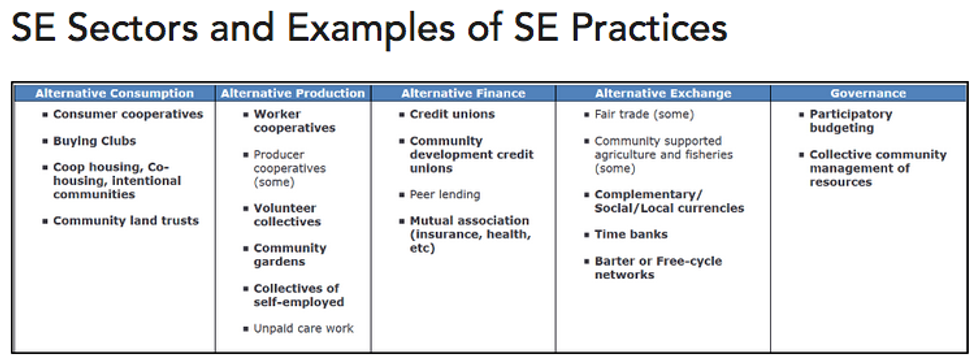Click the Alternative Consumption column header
[x=114, y=94]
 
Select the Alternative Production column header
[x=293, y=94]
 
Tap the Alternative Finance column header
[x=463, y=94]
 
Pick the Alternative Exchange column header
[x=663, y=94]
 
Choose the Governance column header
[x=868, y=94]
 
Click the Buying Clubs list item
[x=94, y=141]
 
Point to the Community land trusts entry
[x=126, y=221]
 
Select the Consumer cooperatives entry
[x=128, y=114]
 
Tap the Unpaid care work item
[x=303, y=328]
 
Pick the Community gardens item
[x=290, y=254]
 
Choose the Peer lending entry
[x=445, y=194]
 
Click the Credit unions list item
[x=452, y=114]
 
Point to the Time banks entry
[x=631, y=234]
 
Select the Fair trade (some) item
[x=644, y=114]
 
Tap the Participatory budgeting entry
[x=851, y=121]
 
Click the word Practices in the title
[x=649, y=29]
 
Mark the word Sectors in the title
[x=138, y=29]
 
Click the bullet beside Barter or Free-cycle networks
[x=587, y=261]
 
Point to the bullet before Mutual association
[x=402, y=221]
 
